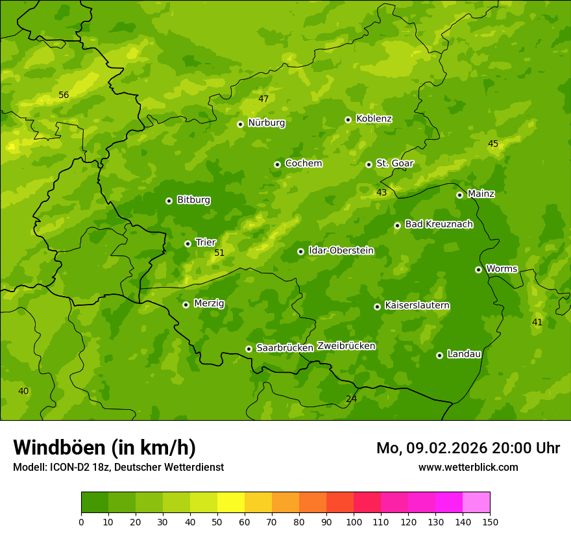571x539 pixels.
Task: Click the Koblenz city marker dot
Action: pos(348,119)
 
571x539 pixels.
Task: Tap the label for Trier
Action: pos(206,242)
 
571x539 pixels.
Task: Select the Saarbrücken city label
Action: pos(284,348)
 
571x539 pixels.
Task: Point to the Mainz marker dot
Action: pos(459,195)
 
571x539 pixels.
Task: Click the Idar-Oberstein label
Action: pos(341,250)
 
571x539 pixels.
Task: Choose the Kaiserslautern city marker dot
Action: pos(377,307)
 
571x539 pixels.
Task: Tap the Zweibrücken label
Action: pos(346,346)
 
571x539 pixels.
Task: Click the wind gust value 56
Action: pos(64,95)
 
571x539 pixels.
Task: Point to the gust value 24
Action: pos(351,399)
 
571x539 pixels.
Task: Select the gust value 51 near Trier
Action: pos(219,253)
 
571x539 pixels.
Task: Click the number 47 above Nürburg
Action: pos(263,99)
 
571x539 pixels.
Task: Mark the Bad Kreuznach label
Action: pos(439,224)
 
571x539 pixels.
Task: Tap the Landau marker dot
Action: pos(439,355)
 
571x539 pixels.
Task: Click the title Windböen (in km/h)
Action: pos(104,447)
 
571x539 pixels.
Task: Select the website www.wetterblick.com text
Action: pos(468,467)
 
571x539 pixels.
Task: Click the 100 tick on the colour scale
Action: pos(354,521)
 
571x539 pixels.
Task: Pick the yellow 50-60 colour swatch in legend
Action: pos(231,503)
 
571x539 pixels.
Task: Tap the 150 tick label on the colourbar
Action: pos(490,521)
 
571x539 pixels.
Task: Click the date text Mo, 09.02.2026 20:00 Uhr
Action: pos(468,448)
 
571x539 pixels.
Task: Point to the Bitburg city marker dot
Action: pos(169,201)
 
